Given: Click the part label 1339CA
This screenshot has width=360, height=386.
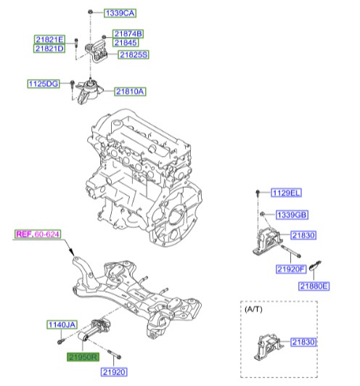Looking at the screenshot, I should pos(120,13).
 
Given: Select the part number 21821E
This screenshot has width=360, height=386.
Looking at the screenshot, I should pos(49,39).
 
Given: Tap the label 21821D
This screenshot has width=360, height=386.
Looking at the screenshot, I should pos(49,49).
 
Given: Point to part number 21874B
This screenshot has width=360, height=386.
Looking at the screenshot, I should pos(128,33).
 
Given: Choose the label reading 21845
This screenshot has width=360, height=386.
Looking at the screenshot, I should pos(125,43).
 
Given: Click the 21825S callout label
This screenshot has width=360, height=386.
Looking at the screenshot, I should pos(134,54).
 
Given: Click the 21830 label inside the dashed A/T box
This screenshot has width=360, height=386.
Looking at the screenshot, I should pos(303,342).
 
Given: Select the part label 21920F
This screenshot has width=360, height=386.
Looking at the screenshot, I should pos(291,270).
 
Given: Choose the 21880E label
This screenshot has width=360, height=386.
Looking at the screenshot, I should pos(314,286).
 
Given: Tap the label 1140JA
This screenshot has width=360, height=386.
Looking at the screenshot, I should pos(62,324).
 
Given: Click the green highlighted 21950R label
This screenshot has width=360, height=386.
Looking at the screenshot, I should pos(82,357).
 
